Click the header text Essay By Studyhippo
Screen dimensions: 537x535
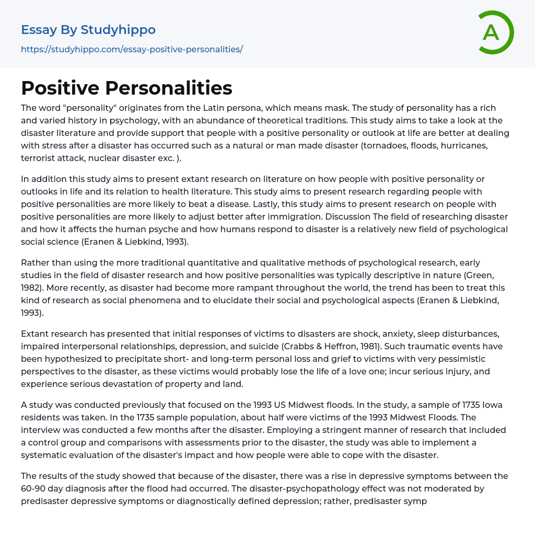point(88,30)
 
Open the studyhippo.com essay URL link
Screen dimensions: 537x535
point(132,49)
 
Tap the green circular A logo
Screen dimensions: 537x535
point(493,32)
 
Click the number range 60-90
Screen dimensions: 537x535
point(34,488)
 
